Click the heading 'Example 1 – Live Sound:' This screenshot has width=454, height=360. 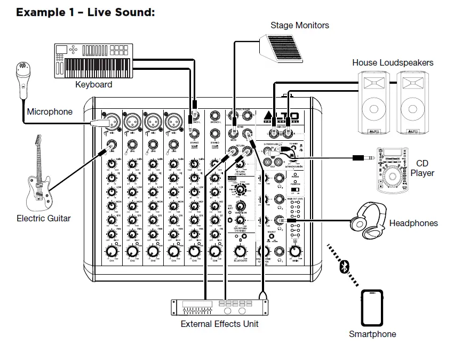[85, 12]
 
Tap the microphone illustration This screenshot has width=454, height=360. [22, 80]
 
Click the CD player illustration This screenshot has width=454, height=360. [394, 168]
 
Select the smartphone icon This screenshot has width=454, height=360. [372, 308]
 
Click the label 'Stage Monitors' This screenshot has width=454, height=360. [299, 25]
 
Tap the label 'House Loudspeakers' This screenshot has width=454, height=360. [393, 62]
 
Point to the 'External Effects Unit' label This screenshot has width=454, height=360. [219, 324]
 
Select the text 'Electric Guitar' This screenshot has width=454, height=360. [43, 218]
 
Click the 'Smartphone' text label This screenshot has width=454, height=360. [372, 334]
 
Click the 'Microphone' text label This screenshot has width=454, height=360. [50, 112]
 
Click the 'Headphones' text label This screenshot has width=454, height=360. [413, 223]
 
